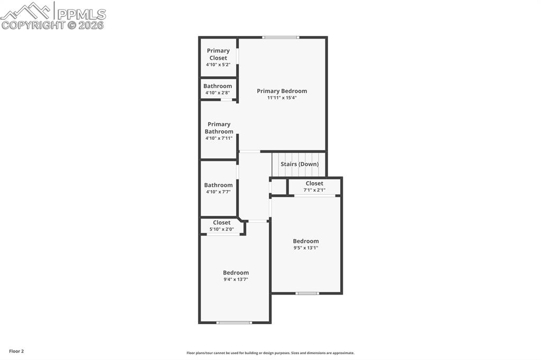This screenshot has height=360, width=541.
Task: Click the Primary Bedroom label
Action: pyautogui.click(x=282, y=91)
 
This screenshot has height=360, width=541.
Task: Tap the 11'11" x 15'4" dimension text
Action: pyautogui.click(x=282, y=98)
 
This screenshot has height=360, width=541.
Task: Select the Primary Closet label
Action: pyautogui.click(x=218, y=54)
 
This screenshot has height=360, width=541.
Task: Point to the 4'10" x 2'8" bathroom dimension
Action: pyautogui.click(x=218, y=93)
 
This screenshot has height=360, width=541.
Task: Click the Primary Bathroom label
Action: pyautogui.click(x=219, y=128)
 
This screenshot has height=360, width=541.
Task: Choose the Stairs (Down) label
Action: pyautogui.click(x=300, y=164)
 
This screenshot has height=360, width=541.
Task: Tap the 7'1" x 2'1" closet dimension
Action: pyautogui.click(x=314, y=190)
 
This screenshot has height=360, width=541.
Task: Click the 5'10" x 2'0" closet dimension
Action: pyautogui.click(x=221, y=229)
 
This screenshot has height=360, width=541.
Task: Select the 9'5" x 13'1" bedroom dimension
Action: pyautogui.click(x=306, y=248)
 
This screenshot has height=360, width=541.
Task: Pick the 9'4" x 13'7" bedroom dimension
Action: pyautogui.click(x=236, y=279)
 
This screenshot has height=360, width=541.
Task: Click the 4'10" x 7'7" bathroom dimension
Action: pyautogui.click(x=218, y=192)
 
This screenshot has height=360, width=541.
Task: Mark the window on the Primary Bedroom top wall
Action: pyautogui.click(x=281, y=37)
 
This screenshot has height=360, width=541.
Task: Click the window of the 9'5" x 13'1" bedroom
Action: pyautogui.click(x=307, y=293)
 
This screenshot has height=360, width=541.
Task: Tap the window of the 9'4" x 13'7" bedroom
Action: pyautogui.click(x=234, y=322)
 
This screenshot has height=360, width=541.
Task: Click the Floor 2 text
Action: pyautogui.click(x=16, y=351)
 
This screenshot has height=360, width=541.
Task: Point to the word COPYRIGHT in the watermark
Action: pyautogui.click(x=33, y=25)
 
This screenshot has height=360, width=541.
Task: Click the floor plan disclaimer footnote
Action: pyautogui.click(x=270, y=353)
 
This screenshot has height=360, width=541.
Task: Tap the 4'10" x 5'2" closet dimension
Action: pyautogui.click(x=218, y=64)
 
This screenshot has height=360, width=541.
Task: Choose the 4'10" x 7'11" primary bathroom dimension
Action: pyautogui.click(x=219, y=138)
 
